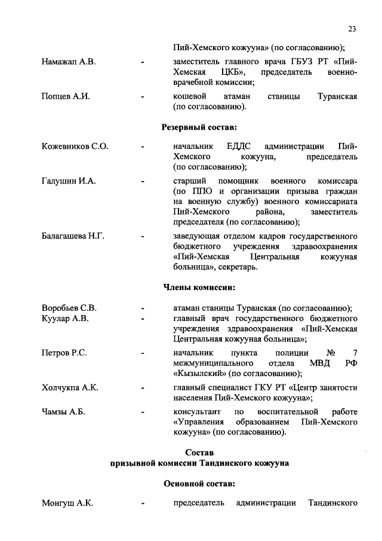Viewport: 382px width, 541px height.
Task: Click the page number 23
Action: pyautogui.click(x=352, y=28)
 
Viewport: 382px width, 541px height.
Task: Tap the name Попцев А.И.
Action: pyautogui.click(x=66, y=96)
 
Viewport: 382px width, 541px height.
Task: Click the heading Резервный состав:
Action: pyautogui.click(x=199, y=127)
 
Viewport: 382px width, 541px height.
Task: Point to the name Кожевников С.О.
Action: pyautogui.click(x=75, y=146)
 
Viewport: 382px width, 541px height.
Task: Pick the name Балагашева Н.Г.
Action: pyautogui.click(x=73, y=237)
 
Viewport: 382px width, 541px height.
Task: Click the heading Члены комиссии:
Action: pyautogui.click(x=199, y=288)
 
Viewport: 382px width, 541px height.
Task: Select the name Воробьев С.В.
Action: pyautogui.click(x=69, y=308)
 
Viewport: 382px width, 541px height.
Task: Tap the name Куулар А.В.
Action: pyautogui.click(x=65, y=318)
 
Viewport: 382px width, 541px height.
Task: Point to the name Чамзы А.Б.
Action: pyautogui.click(x=63, y=412)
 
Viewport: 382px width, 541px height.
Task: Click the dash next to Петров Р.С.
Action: pyautogui.click(x=142, y=353)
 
